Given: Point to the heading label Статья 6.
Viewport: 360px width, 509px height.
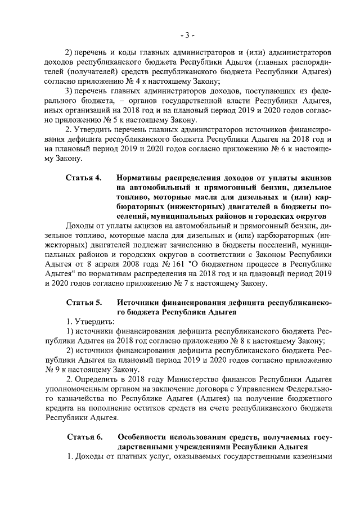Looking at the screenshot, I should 84,437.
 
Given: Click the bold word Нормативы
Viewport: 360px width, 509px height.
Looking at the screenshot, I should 140,178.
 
